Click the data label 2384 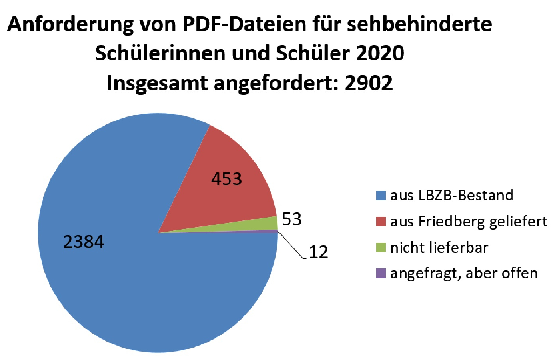[x=84, y=242]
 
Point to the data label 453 [x=226, y=179]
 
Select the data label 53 [x=291, y=219]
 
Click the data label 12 [x=319, y=252]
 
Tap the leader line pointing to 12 [x=291, y=246]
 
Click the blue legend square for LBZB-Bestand [x=381, y=196]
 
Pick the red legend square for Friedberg [x=381, y=221]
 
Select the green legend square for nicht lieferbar [x=381, y=248]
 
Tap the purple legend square [x=381, y=274]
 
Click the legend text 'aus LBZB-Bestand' [x=452, y=195]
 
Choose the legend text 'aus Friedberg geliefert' [x=469, y=221]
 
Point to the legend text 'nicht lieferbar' [x=439, y=248]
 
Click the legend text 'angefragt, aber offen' [x=464, y=274]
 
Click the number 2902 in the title [x=369, y=83]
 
